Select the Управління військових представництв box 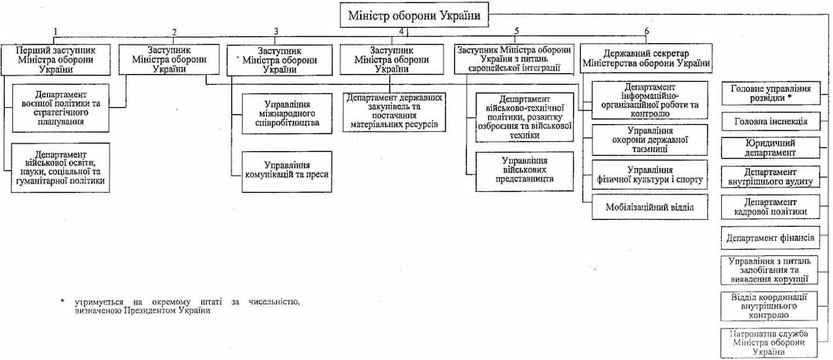click(x=524, y=172)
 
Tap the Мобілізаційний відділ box click(x=650, y=207)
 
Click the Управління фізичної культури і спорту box click(x=650, y=176)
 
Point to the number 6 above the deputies click(x=646, y=32)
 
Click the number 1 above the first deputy click(x=56, y=32)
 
